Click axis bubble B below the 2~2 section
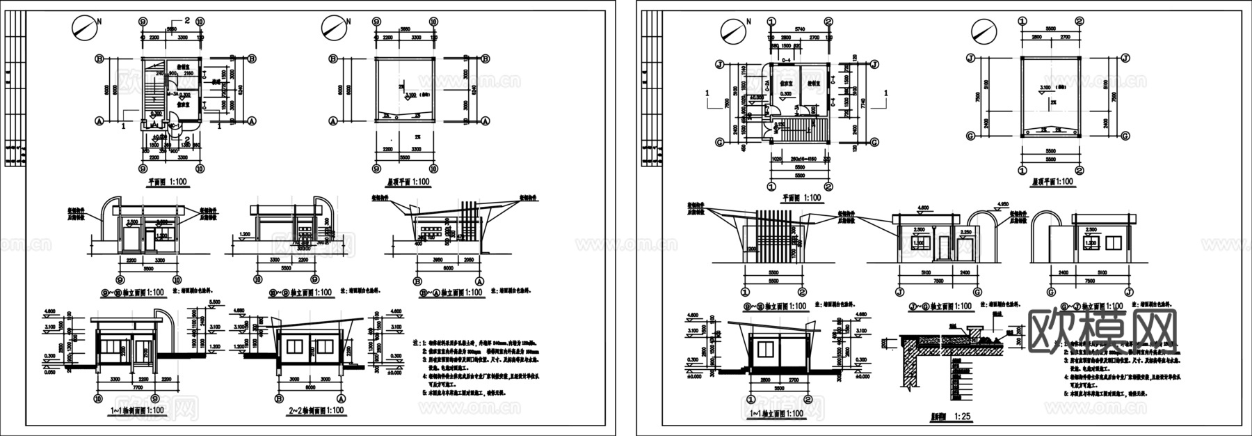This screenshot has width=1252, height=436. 279,399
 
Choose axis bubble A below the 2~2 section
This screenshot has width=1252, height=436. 341,399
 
